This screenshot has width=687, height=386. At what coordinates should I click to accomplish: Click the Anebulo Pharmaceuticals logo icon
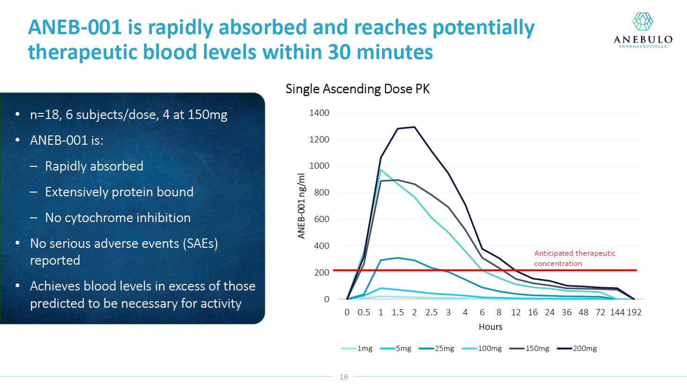click(x=642, y=22)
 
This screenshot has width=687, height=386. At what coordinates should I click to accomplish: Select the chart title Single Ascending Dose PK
click(x=357, y=89)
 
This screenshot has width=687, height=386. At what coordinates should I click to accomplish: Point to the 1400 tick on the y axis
click(x=319, y=113)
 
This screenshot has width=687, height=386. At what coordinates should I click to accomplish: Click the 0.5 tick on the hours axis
click(x=364, y=312)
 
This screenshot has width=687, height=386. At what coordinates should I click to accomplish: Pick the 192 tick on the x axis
click(x=634, y=312)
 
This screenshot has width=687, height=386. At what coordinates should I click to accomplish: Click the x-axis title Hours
click(x=490, y=327)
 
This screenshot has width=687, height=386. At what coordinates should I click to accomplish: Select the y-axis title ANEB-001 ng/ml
click(x=302, y=206)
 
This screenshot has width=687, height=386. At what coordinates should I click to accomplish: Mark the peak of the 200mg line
click(x=414, y=127)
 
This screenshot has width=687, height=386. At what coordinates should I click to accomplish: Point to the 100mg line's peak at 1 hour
click(x=381, y=170)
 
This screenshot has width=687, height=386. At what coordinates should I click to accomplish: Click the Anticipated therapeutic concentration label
click(x=575, y=258)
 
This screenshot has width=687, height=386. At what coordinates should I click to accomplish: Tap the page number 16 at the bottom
click(x=344, y=377)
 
